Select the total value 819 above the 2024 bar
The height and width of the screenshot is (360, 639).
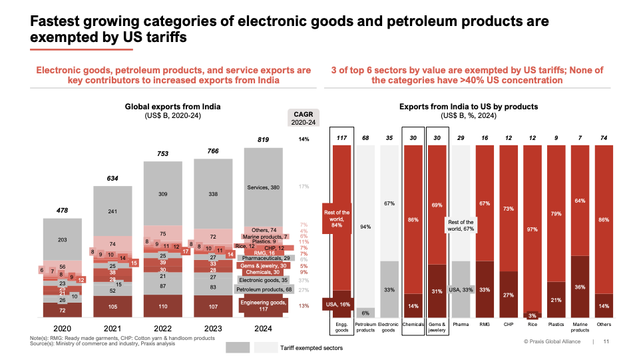point(263,139)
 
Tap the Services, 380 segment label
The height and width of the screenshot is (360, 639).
point(264,187)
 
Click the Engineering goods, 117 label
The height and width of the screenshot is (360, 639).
point(264,305)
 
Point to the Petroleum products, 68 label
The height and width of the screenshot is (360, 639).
point(265,290)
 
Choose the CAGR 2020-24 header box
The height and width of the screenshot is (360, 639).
point(303,118)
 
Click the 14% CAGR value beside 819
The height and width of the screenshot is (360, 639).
point(304,139)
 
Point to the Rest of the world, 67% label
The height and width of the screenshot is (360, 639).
point(460,226)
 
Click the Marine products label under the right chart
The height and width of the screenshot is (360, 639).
point(580,327)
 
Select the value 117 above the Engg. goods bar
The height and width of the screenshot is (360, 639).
point(342,138)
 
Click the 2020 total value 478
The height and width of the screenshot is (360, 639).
point(62,211)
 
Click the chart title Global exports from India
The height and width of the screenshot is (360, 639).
point(172,107)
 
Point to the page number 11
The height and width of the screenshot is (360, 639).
point(606,342)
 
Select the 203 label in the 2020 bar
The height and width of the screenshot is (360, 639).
point(62,240)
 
